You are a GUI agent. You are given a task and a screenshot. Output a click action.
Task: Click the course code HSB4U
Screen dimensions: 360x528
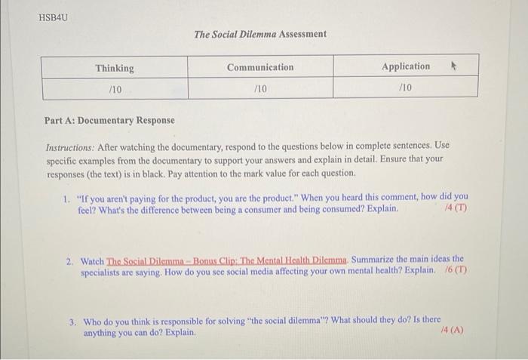point(52,16)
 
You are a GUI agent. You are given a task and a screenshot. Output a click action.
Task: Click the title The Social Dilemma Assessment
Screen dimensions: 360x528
point(260,34)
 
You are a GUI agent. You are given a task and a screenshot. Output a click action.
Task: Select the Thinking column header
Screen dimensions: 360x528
point(115,68)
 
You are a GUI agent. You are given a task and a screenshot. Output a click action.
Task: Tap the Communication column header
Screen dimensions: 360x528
point(260,67)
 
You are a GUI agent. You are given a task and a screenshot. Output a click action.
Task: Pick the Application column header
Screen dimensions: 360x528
point(406,66)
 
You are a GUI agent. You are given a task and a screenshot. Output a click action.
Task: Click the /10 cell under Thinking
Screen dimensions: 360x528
point(115,88)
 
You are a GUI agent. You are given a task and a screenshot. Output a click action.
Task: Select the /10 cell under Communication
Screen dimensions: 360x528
point(260,88)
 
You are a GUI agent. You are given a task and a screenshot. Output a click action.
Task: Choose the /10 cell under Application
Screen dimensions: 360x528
point(406,88)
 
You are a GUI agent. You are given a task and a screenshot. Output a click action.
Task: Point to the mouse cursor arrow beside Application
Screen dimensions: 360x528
point(453,66)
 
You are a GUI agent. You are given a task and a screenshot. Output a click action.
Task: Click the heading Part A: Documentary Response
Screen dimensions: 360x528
point(109,120)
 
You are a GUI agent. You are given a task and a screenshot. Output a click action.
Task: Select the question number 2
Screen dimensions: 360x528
point(69,259)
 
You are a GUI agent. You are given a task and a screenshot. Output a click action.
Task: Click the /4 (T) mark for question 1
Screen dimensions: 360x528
point(456,208)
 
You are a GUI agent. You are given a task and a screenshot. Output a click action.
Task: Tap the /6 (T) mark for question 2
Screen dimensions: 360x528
point(453,270)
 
